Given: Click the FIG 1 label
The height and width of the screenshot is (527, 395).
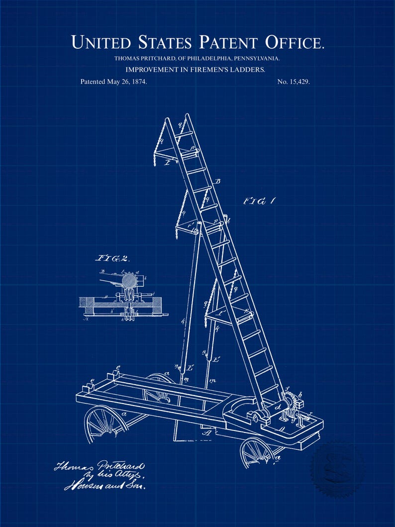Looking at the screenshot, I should click(259, 202).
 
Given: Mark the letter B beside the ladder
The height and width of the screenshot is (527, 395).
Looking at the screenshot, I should click(217, 182).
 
